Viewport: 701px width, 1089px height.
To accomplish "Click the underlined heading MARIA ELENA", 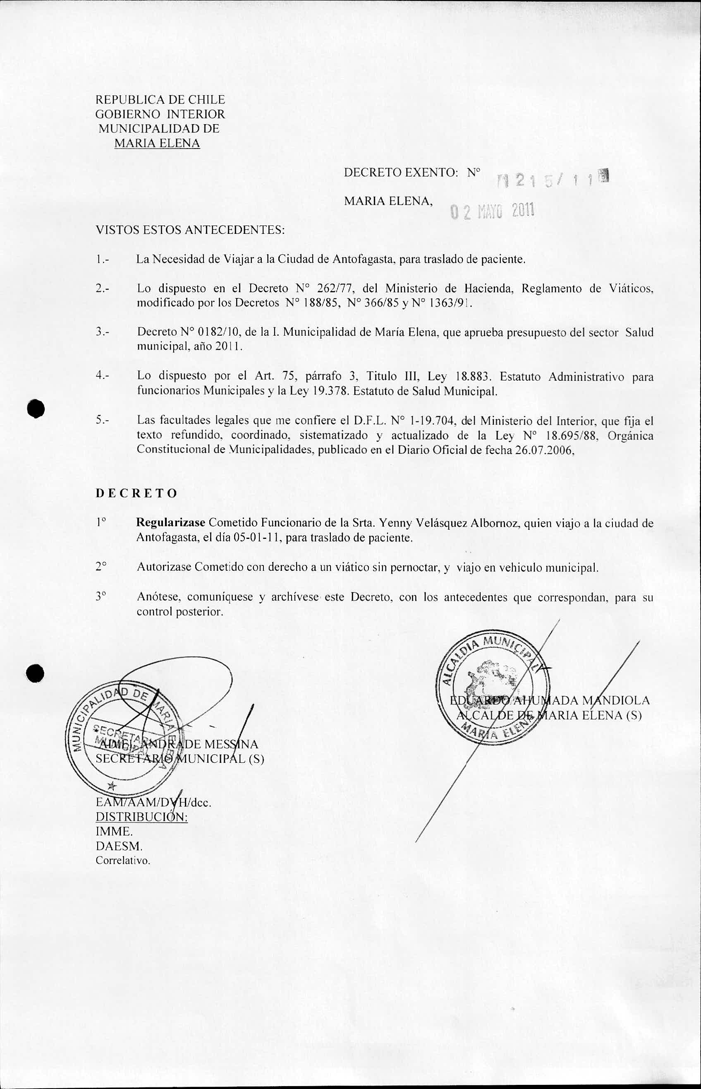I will (x=157, y=144).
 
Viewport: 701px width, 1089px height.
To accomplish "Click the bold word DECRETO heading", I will (x=136, y=493).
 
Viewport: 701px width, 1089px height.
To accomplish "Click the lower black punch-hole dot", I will (x=35, y=673).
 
